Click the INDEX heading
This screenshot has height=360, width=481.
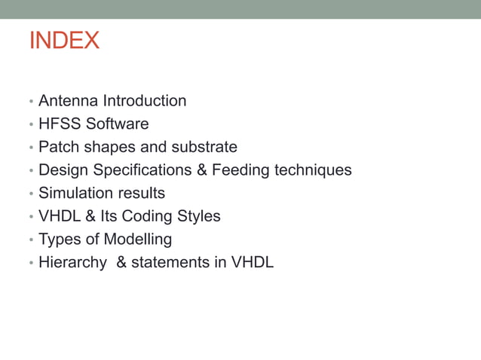point(64,41)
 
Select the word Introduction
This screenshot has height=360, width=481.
point(145,101)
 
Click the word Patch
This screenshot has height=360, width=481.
point(57,147)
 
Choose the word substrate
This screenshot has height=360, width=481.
point(204,147)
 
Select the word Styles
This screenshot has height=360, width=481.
point(198,216)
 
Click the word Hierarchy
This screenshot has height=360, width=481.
point(72,263)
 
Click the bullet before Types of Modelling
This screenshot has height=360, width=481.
point(31,240)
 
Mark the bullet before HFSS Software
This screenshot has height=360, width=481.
point(31,124)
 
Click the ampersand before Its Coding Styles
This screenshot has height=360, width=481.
point(90,216)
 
